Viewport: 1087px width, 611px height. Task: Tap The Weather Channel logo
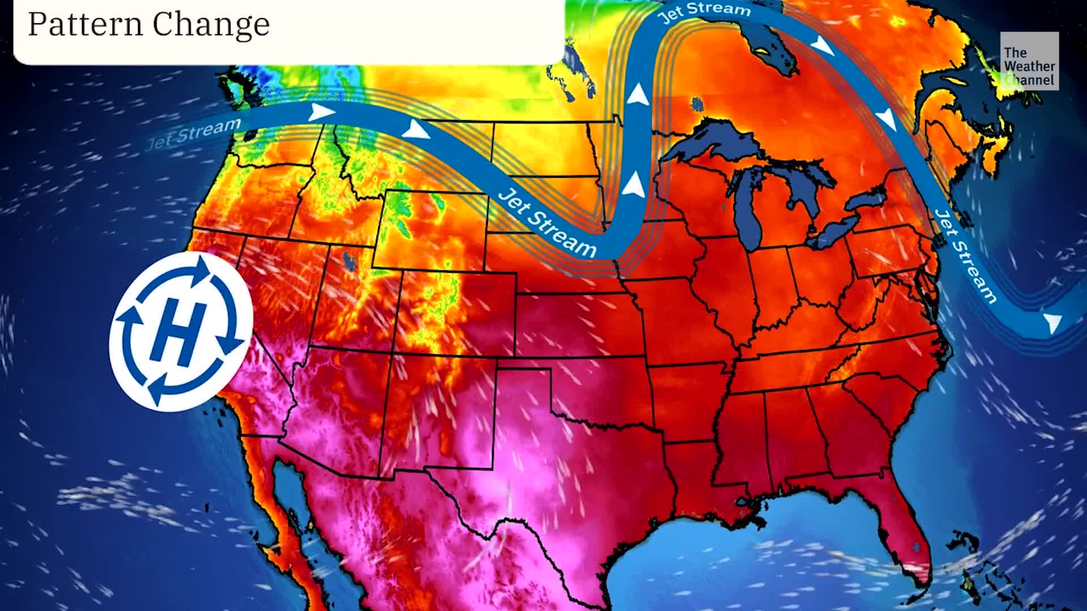[x=1029, y=61]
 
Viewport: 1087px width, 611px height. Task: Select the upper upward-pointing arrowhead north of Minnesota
[x=639, y=94]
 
